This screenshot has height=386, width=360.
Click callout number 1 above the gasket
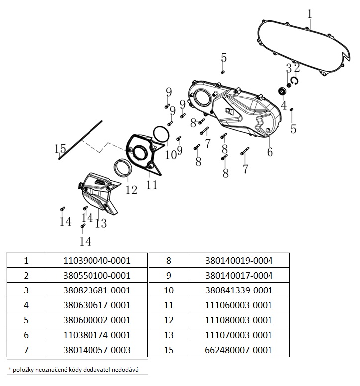pyautogui.click(x=309, y=13)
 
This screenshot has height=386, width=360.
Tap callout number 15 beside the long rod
pyautogui.click(x=60, y=148)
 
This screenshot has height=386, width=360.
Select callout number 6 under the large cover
pyautogui.click(x=270, y=152)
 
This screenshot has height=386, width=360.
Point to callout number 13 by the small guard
pyautogui.click(x=101, y=223)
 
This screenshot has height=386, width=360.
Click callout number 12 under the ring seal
pyautogui.click(x=131, y=190)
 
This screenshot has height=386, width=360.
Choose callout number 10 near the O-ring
pyautogui.click(x=170, y=155)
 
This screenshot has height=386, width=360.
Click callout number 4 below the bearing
pyautogui.click(x=284, y=105)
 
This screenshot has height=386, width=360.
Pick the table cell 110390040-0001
pyautogui.click(x=97, y=260)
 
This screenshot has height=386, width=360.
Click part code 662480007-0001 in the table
pyautogui.click(x=239, y=350)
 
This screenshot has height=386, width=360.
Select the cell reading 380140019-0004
pyautogui.click(x=239, y=260)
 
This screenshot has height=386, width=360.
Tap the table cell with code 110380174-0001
pyautogui.click(x=97, y=335)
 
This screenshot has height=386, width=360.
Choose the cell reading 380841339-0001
pyautogui.click(x=239, y=290)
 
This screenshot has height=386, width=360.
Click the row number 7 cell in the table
pyautogui.click(x=26, y=350)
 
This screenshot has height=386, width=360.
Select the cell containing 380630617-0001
pyautogui.click(x=97, y=305)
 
